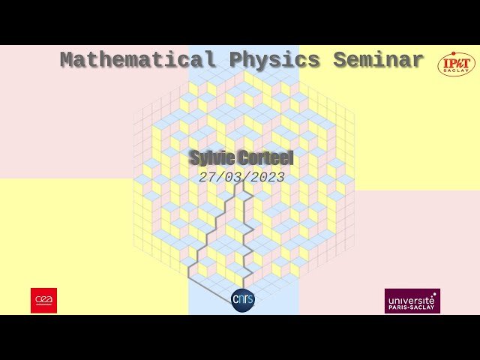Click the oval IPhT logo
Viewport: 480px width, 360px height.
[456, 64]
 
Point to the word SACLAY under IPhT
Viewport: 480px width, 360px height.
[457, 72]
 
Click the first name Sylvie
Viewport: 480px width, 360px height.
[211, 158]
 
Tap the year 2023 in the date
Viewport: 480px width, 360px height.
[266, 178]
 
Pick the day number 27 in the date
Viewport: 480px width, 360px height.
[207, 178]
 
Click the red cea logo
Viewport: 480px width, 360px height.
[43, 300]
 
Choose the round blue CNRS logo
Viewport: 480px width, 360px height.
[243, 300]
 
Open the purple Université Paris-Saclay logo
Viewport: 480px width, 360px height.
[412, 301]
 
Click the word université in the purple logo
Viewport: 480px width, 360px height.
[412, 298]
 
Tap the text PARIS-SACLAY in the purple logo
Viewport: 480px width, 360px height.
[412, 307]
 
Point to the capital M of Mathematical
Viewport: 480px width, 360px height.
[66, 60]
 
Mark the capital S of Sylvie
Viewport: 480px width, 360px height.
[194, 158]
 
